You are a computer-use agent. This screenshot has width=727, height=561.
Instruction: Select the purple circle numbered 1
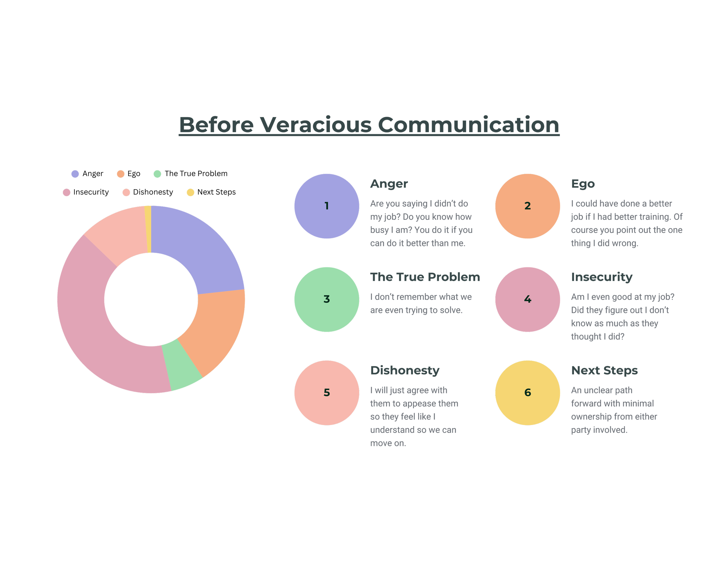tap(327, 206)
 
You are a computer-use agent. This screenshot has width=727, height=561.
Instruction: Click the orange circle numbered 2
tap(527, 206)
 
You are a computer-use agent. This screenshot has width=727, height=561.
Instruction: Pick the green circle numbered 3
tap(327, 299)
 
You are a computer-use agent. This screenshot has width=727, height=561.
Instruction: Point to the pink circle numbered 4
tap(527, 299)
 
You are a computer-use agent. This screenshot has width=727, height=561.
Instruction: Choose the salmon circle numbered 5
tap(327, 393)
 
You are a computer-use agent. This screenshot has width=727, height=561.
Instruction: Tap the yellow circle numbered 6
tap(527, 393)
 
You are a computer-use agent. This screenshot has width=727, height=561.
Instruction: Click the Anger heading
tap(389, 184)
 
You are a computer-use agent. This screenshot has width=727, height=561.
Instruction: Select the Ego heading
tap(582, 184)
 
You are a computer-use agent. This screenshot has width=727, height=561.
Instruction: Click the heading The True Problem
tap(425, 277)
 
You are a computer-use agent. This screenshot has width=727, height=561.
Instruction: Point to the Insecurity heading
tap(601, 277)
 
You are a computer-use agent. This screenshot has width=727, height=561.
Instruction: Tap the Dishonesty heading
tap(405, 370)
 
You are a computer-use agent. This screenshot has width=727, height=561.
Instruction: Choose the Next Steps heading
tap(604, 370)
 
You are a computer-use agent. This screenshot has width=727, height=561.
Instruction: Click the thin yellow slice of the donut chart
tap(148, 230)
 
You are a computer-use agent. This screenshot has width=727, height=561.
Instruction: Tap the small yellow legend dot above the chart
tap(190, 193)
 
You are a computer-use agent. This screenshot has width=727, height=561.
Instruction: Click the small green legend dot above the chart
tap(157, 174)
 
